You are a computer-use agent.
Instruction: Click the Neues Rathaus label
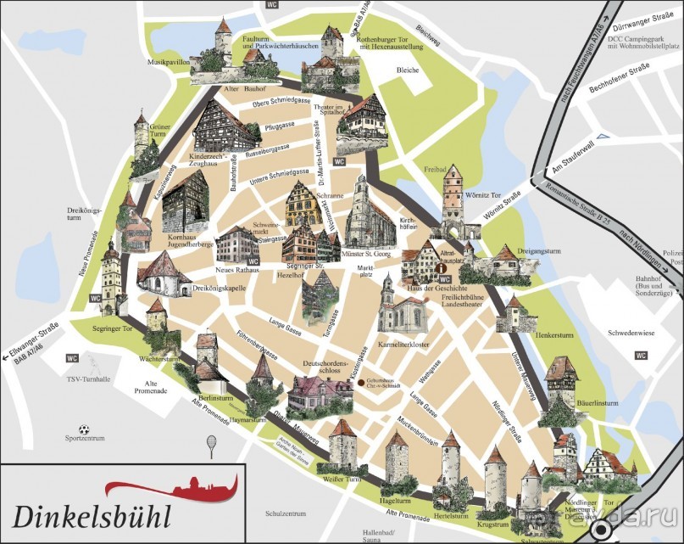tap(235, 269)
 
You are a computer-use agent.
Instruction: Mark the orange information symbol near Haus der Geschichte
tap(442, 269)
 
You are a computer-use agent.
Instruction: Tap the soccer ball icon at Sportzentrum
tap(83, 428)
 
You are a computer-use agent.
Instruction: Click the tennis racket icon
tap(211, 444)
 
